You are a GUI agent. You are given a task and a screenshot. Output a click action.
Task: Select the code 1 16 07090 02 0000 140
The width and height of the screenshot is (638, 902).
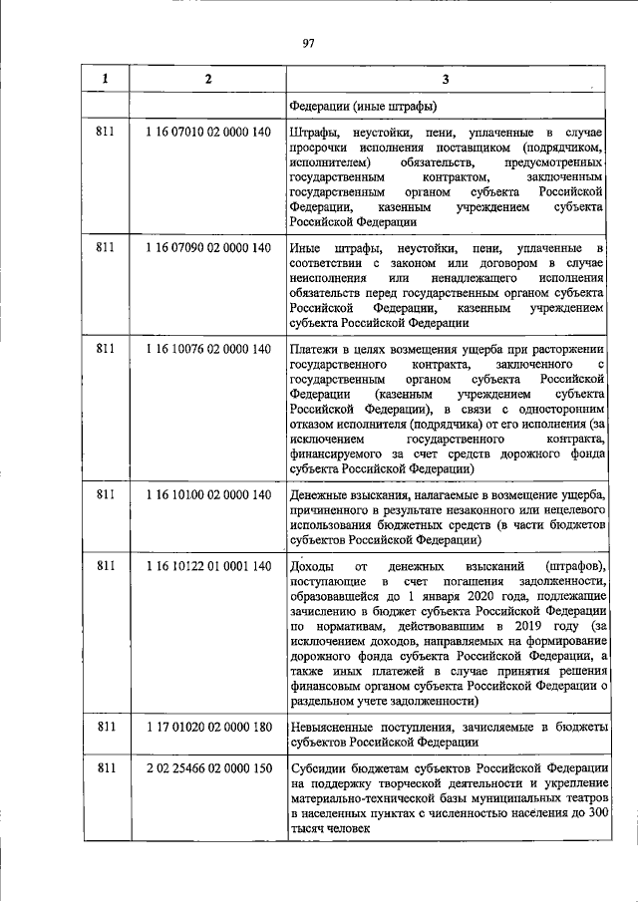pyautogui.click(x=207, y=246)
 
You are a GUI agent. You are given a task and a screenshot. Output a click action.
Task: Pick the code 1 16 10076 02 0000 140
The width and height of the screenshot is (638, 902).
pyautogui.click(x=207, y=348)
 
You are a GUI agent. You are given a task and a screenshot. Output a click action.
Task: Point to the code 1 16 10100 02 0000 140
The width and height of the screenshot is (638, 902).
pyautogui.click(x=207, y=494)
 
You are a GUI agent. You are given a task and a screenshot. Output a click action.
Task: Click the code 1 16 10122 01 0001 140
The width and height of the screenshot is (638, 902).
pyautogui.click(x=207, y=566)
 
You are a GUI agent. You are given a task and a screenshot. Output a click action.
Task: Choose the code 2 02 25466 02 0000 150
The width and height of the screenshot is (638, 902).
pyautogui.click(x=207, y=769)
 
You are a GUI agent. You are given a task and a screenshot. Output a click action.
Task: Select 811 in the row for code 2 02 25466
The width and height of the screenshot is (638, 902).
pyautogui.click(x=105, y=769)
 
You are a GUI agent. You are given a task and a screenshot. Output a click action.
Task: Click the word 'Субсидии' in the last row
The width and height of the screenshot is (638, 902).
pyautogui.click(x=317, y=769)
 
